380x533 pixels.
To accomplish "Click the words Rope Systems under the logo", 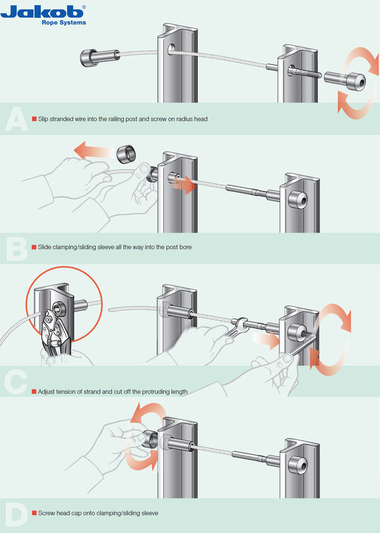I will [64, 23].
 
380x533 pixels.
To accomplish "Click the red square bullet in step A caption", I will [34, 119].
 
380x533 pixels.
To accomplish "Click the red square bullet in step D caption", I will [34, 512].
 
